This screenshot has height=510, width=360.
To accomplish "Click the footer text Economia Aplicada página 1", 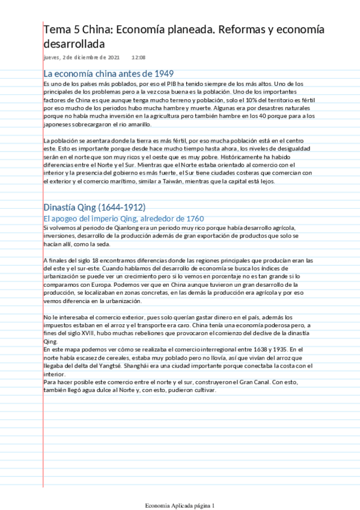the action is pyautogui.click(x=180, y=504).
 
